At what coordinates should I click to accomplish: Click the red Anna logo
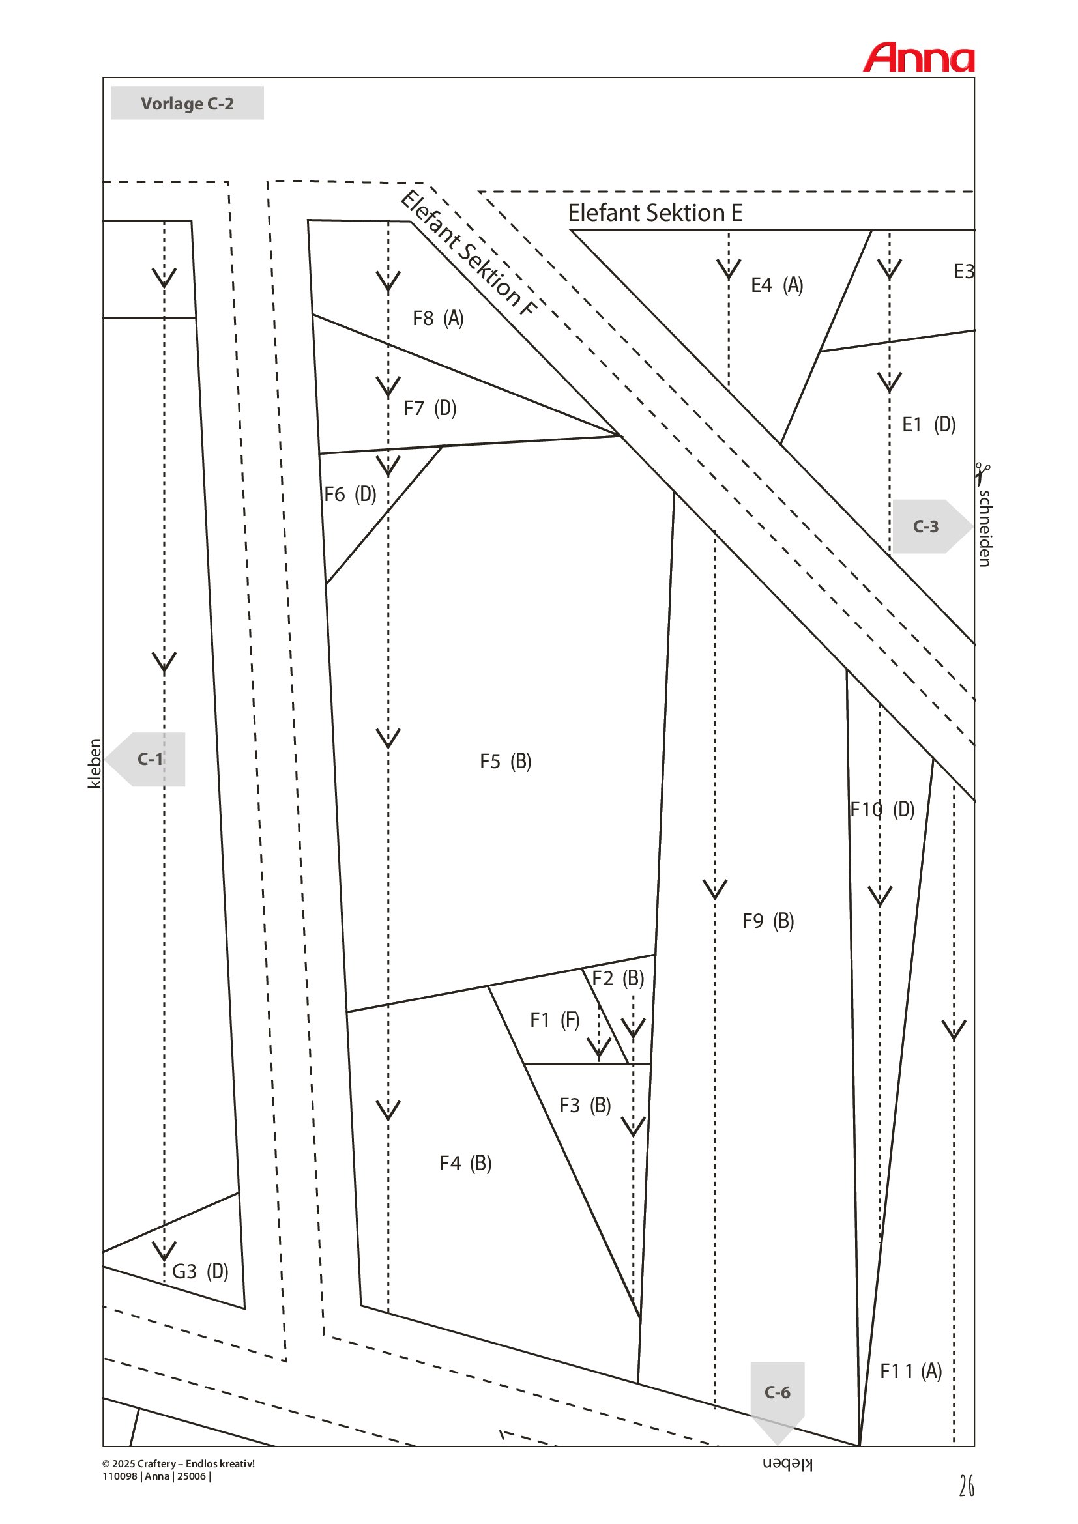pyautogui.click(x=919, y=58)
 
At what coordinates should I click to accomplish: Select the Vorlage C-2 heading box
pyautogui.click(x=187, y=103)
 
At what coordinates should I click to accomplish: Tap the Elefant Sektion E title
pyautogui.click(x=654, y=212)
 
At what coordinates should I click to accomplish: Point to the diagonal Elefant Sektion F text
pyautogui.click(x=468, y=253)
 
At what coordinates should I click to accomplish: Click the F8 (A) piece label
pyautogui.click(x=438, y=319)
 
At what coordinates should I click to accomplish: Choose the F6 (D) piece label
pyautogui.click(x=350, y=494)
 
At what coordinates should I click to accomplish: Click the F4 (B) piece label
pyautogui.click(x=465, y=1163)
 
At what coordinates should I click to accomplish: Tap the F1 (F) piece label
pyautogui.click(x=555, y=1020)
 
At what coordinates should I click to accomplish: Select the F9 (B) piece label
pyautogui.click(x=768, y=921)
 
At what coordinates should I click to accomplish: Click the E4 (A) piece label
pyautogui.click(x=778, y=285)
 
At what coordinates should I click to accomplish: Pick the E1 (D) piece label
pyautogui.click(x=929, y=424)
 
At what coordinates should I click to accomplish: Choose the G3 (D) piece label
pyautogui.click(x=200, y=1271)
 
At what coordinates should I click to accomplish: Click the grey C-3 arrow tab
pyautogui.click(x=932, y=526)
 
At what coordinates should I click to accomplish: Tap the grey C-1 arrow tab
pyautogui.click(x=145, y=759)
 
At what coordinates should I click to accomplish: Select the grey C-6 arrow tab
pyautogui.click(x=778, y=1401)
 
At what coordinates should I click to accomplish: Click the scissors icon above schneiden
pyautogui.click(x=982, y=474)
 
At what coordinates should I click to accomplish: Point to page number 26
pyautogui.click(x=967, y=1486)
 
